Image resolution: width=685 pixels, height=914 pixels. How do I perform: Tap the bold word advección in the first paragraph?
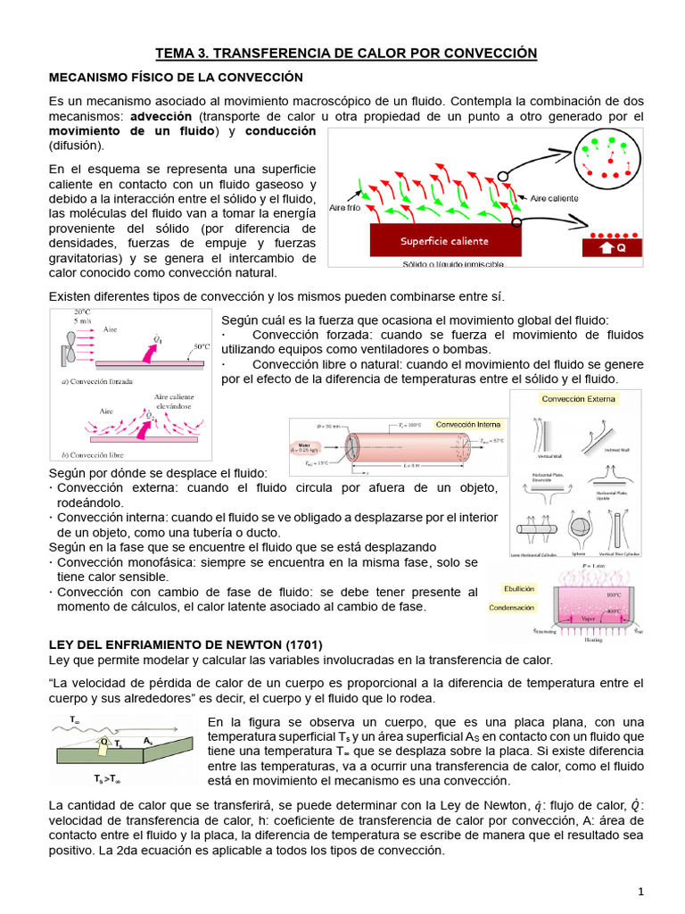click(x=161, y=117)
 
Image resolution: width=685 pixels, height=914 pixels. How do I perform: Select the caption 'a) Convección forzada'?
click(x=97, y=381)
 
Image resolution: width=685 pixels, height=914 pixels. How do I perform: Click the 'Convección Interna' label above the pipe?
click(x=468, y=425)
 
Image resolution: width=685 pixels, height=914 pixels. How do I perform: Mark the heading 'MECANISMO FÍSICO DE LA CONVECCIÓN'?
click(x=176, y=79)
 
